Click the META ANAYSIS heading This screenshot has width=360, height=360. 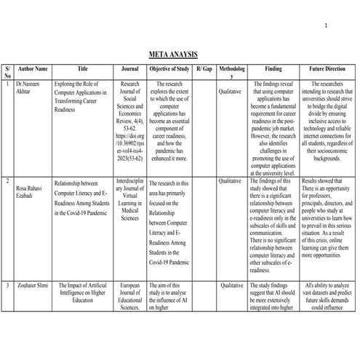pos(172,55)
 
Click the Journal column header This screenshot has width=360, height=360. pos(130,68)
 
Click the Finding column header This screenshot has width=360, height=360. pos(273,68)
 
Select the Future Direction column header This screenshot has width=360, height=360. pos(327,68)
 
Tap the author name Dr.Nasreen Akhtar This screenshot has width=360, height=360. pos(27,89)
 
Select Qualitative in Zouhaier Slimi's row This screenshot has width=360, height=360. pos(231,287)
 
